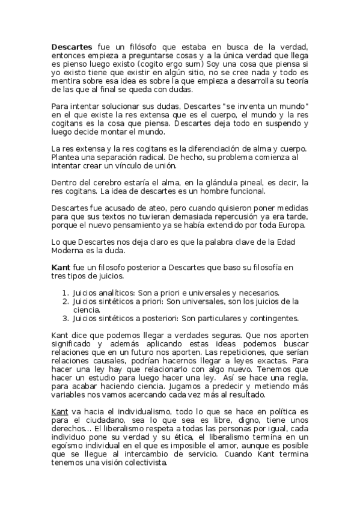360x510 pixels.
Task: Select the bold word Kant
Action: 61,268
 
